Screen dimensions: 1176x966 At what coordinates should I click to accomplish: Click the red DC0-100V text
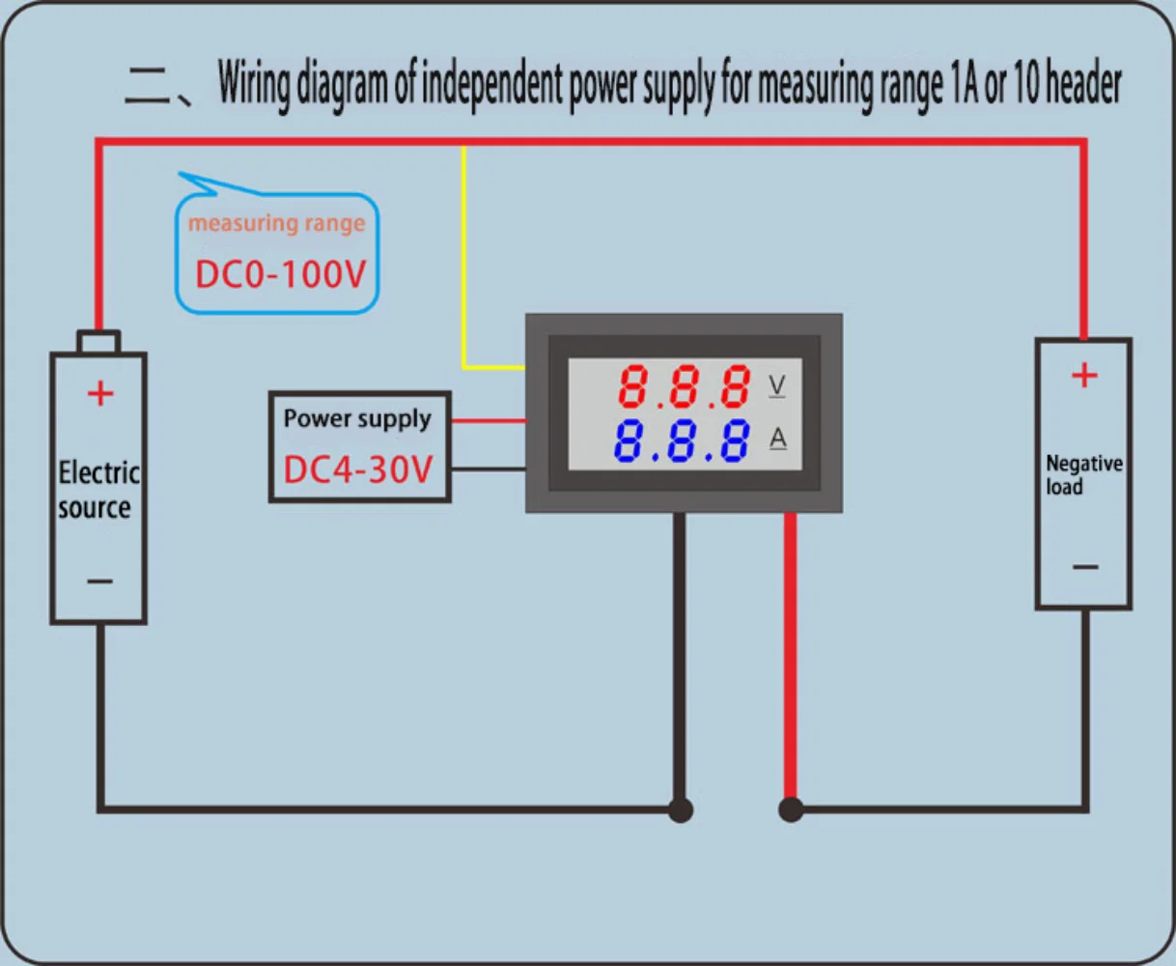coord(280,274)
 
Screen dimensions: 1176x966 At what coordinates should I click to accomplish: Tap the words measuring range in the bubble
coord(276,224)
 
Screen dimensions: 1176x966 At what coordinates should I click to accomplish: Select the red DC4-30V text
coord(358,469)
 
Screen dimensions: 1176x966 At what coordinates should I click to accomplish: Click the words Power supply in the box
coord(357,418)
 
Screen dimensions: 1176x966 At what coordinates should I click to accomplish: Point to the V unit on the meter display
coord(776,385)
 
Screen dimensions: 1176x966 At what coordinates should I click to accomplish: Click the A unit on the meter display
coord(778,439)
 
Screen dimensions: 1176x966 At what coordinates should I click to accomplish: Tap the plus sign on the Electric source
coord(100,394)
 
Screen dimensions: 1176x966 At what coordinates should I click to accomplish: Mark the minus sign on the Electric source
coord(100,582)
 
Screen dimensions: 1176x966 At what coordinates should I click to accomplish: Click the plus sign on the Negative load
coord(1084,375)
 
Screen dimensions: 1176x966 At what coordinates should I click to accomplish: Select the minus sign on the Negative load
coord(1085,567)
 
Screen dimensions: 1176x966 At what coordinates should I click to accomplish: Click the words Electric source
coord(98,490)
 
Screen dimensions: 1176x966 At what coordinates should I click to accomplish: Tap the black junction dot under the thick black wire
coord(681,810)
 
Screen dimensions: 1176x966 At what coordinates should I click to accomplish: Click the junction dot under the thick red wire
coord(791,810)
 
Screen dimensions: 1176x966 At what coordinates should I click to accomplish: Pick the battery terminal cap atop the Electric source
coord(98,341)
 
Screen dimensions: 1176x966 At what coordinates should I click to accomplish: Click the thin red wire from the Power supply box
coord(489,421)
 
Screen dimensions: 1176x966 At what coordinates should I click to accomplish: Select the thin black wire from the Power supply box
coord(489,469)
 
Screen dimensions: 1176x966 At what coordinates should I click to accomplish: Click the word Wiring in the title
coord(254,85)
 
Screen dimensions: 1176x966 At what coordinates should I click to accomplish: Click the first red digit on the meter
coord(632,386)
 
